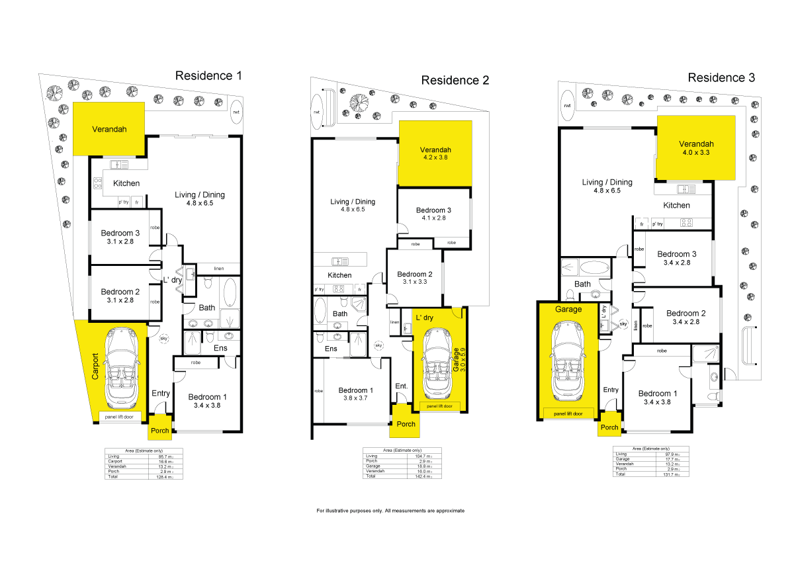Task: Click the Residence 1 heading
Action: coord(208,75)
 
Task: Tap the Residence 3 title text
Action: coord(721,77)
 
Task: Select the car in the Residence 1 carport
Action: coord(120,368)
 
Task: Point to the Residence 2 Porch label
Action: coord(406,424)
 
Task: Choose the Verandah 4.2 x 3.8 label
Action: coord(435,153)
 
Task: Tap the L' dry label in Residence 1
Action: coord(173,280)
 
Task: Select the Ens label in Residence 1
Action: coord(220,348)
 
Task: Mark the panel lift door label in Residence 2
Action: coord(439,406)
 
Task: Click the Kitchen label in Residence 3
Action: coord(677,205)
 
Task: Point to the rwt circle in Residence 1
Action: coord(236,112)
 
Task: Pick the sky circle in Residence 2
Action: coord(378,345)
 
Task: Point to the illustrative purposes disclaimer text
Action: coord(390,511)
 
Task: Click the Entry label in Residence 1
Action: coord(161,393)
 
